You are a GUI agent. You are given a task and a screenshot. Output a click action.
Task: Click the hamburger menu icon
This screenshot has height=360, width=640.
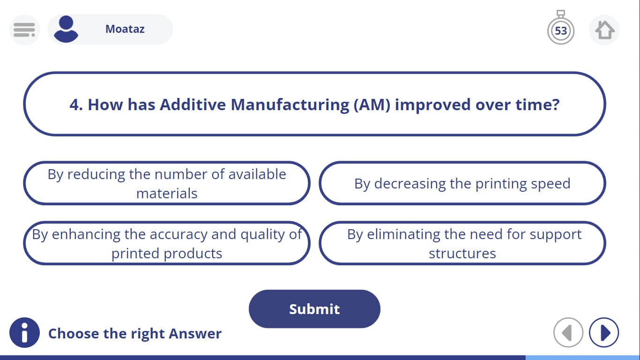pos(24,30)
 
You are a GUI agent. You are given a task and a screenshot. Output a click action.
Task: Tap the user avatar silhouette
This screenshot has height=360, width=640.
pos(66,29)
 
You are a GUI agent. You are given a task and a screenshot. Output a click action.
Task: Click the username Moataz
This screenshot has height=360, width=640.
pos(125,29)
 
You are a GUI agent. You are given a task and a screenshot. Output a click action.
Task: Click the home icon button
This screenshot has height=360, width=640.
pos(604,30)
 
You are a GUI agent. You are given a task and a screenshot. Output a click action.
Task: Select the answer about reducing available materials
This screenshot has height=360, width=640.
pos(167,183)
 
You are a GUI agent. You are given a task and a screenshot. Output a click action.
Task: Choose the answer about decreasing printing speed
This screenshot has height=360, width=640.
pos(462,183)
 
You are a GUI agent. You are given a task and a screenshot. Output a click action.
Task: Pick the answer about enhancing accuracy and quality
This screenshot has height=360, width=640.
pos(167,243)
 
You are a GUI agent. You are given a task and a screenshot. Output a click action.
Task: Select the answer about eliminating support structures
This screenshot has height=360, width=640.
pos(462,243)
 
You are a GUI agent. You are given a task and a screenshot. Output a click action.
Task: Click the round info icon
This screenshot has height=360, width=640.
pos(24,332)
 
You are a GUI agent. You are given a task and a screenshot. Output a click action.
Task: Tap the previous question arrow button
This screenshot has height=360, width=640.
pos(568,332)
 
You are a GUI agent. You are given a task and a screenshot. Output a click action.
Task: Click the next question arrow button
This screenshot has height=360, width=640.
pos(604,332)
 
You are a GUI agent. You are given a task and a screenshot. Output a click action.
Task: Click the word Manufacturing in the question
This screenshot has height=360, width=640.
pos(290,105)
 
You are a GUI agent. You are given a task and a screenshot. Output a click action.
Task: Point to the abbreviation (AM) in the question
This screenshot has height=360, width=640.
pos(372,105)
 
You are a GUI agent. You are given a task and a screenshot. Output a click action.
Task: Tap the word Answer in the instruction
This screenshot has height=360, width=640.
pos(195,333)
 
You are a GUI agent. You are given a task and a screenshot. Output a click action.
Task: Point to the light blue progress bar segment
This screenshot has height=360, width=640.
pos(582,358)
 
